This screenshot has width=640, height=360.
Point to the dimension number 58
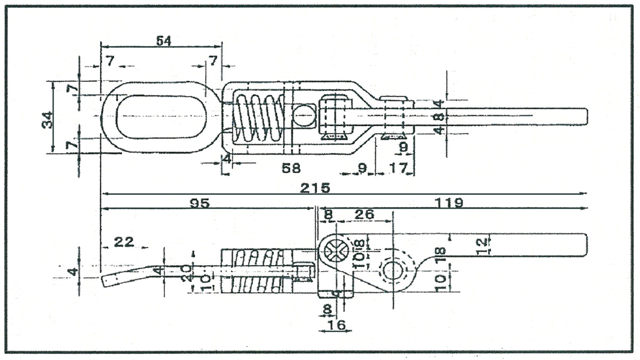290,168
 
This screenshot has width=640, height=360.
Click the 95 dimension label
200,203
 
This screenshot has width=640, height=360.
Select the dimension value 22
124,242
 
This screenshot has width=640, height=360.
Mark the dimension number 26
364,215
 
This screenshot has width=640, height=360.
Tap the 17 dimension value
397,168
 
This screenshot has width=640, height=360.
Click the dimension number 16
335,325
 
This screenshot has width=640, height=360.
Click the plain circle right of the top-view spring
304,115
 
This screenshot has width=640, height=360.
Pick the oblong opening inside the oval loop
161,116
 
